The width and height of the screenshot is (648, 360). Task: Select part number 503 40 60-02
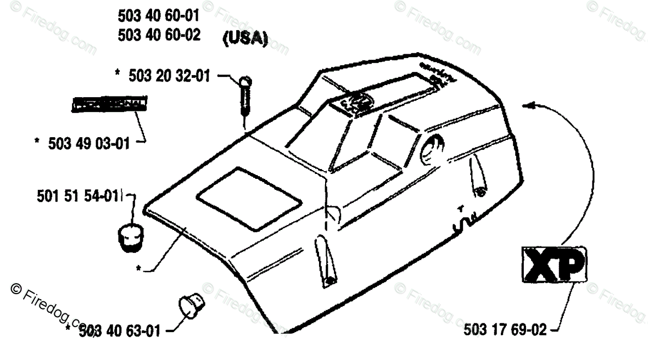(x=159, y=36)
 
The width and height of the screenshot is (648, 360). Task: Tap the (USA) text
(x=245, y=40)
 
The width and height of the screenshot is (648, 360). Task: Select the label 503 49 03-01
(x=89, y=144)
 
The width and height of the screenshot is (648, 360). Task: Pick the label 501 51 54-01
(x=78, y=195)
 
